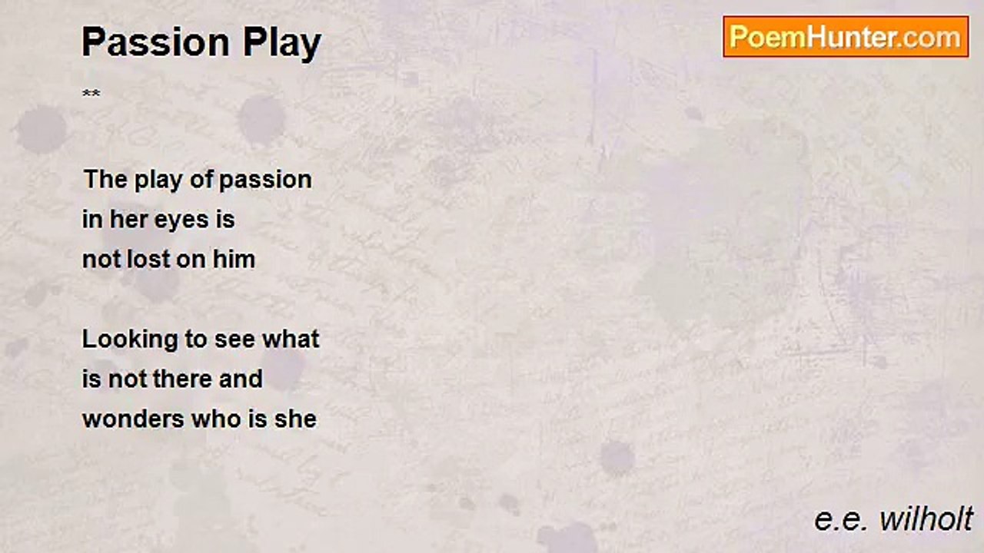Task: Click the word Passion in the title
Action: click(156, 42)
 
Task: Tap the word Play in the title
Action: click(282, 44)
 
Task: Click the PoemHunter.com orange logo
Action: click(846, 37)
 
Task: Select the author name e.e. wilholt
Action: click(893, 520)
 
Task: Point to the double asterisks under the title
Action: click(91, 93)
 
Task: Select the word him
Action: click(234, 260)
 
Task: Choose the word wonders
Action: click(134, 420)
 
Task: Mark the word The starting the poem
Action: click(105, 180)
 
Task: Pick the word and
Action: click(241, 379)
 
